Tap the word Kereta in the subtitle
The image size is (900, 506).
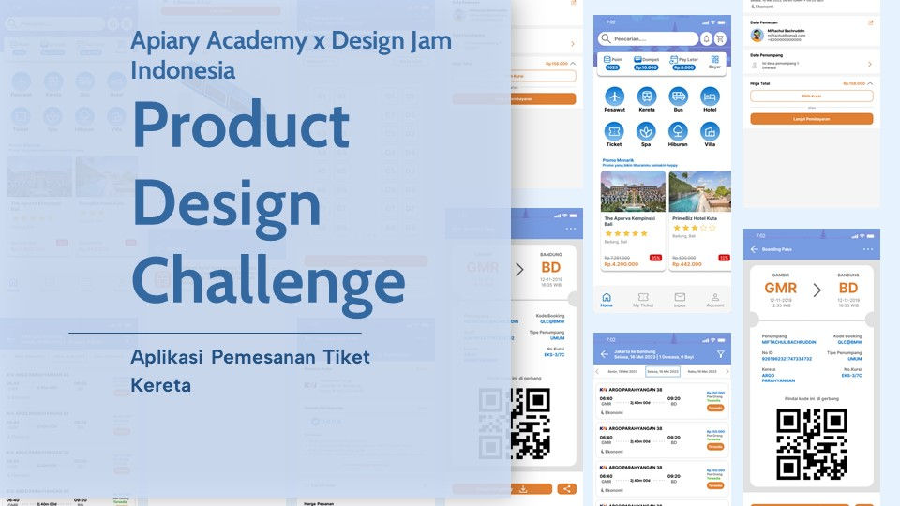[161, 385]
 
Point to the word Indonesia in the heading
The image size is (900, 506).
[183, 70]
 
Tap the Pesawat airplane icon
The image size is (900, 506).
[614, 97]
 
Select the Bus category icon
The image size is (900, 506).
[678, 97]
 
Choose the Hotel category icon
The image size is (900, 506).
[710, 97]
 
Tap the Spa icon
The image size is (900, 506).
[646, 131]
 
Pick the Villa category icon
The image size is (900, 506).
[710, 131]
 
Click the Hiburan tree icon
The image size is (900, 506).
[678, 131]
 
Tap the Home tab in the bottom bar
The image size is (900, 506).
[607, 298]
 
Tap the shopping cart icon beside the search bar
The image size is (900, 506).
[720, 38]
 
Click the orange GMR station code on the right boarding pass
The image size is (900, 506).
[780, 289]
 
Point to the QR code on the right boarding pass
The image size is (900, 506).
[812, 444]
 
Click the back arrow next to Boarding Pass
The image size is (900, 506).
[755, 249]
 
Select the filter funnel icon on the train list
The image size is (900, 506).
[720, 354]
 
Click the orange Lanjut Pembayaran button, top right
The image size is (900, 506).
[811, 119]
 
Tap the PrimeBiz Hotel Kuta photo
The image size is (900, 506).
[699, 191]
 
